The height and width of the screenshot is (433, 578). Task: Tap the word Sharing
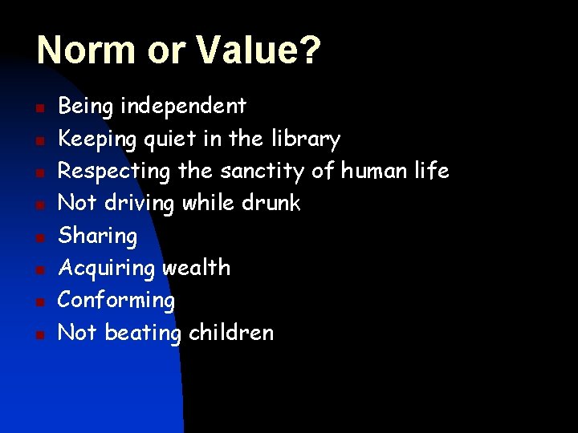[98, 237]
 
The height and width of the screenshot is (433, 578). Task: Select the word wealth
[196, 268]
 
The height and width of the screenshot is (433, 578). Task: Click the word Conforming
[116, 301]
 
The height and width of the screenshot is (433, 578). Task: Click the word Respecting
[114, 172]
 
